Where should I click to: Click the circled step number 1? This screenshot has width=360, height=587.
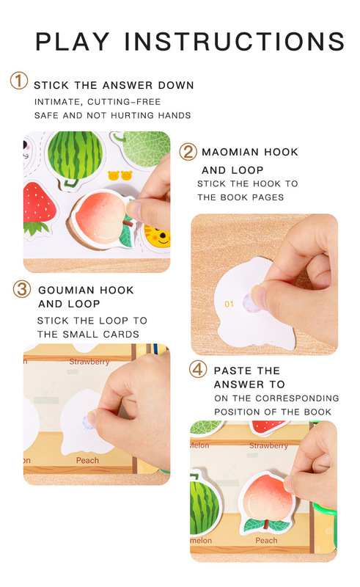(x=19, y=81)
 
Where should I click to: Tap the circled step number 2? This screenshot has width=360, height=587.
(x=188, y=152)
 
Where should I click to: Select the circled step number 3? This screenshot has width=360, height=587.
(x=22, y=289)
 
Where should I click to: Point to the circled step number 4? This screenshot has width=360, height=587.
(x=197, y=370)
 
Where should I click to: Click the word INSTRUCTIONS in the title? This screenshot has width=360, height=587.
(x=235, y=41)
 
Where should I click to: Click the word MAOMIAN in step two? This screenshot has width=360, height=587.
(x=229, y=152)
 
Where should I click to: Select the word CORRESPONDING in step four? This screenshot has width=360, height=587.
(x=298, y=398)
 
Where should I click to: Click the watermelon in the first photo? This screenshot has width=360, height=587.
(x=76, y=156)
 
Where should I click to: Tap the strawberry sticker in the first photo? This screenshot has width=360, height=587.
(x=39, y=208)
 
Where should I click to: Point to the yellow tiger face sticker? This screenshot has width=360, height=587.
(x=158, y=237)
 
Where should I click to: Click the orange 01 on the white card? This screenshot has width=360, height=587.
(x=229, y=304)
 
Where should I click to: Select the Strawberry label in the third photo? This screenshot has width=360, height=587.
(x=89, y=362)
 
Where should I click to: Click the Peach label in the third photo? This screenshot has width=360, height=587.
(x=87, y=460)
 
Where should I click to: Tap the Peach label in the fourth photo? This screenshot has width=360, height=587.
(x=266, y=540)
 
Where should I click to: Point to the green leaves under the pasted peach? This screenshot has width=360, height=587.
(x=266, y=525)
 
